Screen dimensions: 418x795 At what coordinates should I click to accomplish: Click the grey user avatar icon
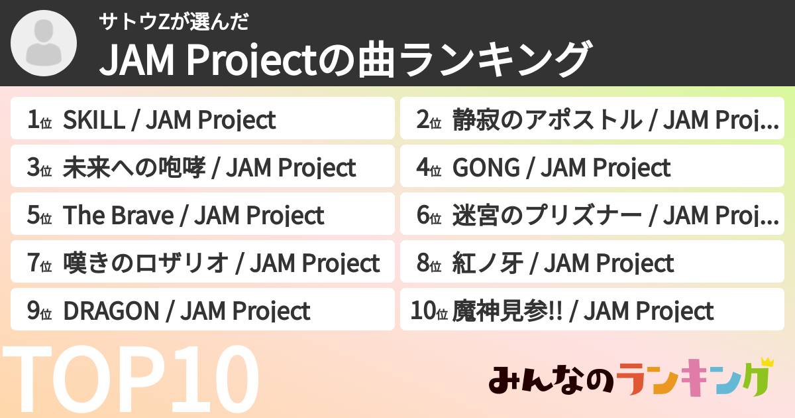(x=44, y=44)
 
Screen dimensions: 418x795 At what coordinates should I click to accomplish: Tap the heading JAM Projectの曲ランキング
(x=344, y=60)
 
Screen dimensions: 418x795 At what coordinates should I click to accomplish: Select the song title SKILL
(x=93, y=120)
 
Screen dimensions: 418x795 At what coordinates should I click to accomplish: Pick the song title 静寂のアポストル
(x=547, y=120)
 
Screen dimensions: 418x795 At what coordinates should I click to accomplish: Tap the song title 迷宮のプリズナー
(x=547, y=216)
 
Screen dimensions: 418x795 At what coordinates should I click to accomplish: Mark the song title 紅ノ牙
(x=488, y=263)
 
